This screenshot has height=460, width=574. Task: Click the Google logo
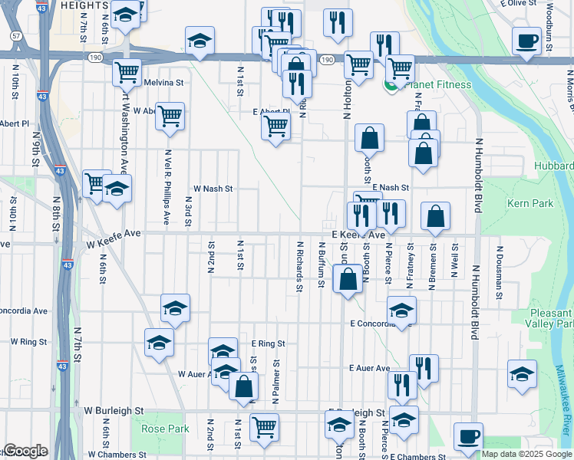tap(25, 451)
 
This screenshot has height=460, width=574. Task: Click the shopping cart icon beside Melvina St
tap(127, 73)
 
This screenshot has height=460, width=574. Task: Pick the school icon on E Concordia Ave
tap(401, 310)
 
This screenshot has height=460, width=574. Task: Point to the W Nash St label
tap(213, 188)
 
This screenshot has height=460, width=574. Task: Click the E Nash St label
tap(391, 187)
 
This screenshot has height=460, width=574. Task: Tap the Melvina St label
tap(164, 83)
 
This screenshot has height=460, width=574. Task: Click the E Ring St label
tap(268, 344)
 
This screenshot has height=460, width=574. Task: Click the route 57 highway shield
tap(16, 36)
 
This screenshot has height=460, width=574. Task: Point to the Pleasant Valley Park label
tap(552, 318)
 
